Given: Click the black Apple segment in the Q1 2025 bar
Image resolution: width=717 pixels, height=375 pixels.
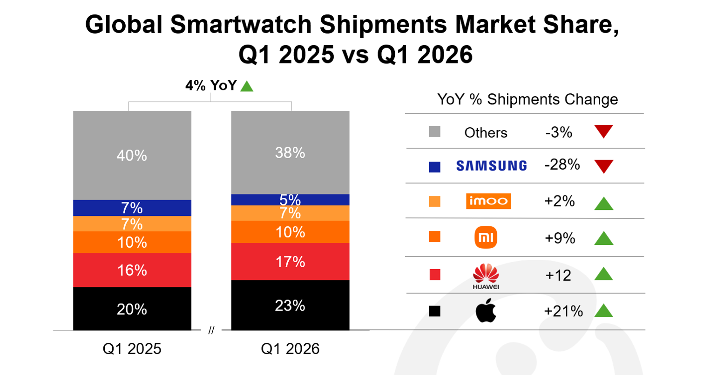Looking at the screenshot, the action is (132, 309).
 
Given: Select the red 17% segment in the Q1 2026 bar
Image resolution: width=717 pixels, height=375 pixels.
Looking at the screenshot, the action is (291, 262).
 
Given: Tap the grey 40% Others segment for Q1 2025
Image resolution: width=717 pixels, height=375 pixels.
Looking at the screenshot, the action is (132, 156).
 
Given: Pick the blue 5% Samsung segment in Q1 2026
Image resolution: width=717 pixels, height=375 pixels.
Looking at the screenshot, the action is (291, 200).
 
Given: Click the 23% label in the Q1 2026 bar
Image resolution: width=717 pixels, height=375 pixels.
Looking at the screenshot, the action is (290, 306).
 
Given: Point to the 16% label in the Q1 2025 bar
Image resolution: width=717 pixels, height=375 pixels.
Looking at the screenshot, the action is (132, 271).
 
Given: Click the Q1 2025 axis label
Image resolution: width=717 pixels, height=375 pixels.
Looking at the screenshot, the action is (132, 349).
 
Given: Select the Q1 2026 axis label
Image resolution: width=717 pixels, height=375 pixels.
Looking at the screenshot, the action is (290, 349).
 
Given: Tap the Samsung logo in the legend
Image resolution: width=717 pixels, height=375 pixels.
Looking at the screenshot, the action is (491, 166).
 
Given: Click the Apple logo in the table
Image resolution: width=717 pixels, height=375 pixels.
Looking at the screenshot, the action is (486, 310).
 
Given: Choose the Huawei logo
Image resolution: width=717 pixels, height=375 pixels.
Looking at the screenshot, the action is (486, 276).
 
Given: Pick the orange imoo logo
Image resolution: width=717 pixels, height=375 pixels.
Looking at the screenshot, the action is (488, 201).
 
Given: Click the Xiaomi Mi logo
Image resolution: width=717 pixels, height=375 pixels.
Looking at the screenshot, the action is (486, 237).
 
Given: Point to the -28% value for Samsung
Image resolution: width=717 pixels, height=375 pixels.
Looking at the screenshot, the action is (562, 165).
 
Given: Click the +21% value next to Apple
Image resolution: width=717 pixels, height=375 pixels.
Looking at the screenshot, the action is (563, 311).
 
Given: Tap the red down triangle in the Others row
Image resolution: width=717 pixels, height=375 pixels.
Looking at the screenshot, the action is (604, 130).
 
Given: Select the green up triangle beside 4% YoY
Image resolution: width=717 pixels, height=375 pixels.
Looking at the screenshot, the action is (247, 86).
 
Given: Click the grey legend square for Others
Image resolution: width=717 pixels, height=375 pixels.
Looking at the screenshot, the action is (435, 132).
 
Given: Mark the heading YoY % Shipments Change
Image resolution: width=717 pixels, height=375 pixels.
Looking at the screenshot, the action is (528, 99).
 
